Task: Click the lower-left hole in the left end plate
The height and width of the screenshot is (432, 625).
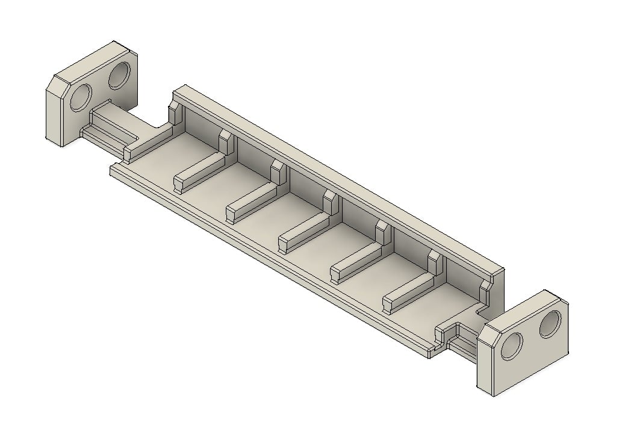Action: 81,97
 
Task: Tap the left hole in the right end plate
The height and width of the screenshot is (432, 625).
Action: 512,347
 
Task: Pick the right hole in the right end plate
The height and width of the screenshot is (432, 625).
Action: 550,325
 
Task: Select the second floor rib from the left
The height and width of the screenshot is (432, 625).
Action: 251,203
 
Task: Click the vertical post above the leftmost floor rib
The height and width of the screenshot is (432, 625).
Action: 226,141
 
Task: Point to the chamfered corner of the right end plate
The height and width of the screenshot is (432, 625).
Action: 491,335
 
